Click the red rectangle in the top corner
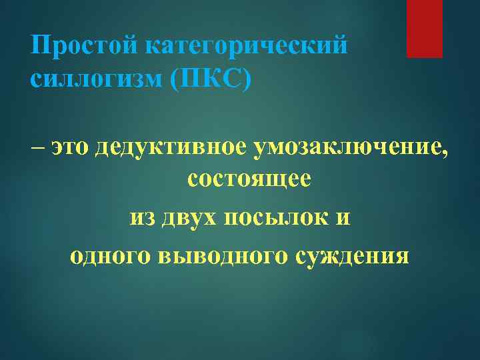tap(425, 29)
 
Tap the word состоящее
tap(249, 181)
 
